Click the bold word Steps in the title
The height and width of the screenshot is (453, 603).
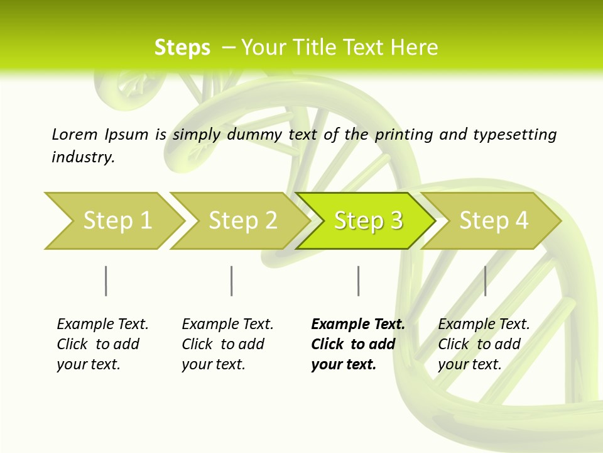[182, 48]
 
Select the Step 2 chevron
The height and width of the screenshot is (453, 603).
[241, 221]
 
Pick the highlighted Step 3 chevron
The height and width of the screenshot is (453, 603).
[367, 221]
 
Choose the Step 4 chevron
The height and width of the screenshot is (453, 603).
[492, 221]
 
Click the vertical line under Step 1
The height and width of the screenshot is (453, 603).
[106, 281]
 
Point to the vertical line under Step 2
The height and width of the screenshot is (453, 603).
[232, 281]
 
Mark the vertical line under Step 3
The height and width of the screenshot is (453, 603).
[358, 281]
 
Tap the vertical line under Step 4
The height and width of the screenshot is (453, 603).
[485, 281]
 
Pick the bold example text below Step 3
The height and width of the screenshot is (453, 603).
[357, 344]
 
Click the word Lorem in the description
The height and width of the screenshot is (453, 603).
[74, 134]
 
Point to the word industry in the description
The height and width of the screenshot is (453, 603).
[83, 157]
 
